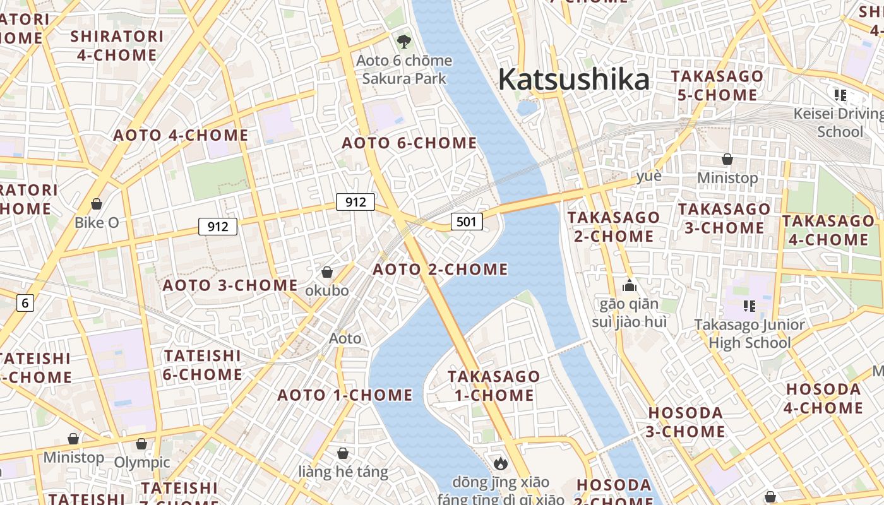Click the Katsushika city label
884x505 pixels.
[x=573, y=80]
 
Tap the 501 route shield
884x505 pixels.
[x=467, y=222]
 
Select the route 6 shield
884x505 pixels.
[x=25, y=303]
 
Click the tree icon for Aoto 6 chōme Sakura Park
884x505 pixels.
[x=403, y=42]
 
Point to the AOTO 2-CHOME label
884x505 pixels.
[x=440, y=270]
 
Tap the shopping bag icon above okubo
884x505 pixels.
[x=327, y=272]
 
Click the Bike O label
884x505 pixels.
[x=97, y=222]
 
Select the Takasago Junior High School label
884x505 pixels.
[x=750, y=334]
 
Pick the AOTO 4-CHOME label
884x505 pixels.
[x=181, y=136]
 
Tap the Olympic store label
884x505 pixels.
[x=142, y=462]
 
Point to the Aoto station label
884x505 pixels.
[x=345, y=338]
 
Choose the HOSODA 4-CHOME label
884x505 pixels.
[x=823, y=398]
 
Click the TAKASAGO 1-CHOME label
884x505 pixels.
[x=494, y=386]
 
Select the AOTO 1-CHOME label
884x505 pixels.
[x=345, y=396]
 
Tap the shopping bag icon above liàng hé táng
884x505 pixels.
[x=343, y=453]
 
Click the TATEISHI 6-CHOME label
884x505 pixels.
[x=203, y=365]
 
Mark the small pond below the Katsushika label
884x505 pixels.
[x=527, y=108]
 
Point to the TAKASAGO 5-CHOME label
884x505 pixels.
[x=717, y=86]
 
